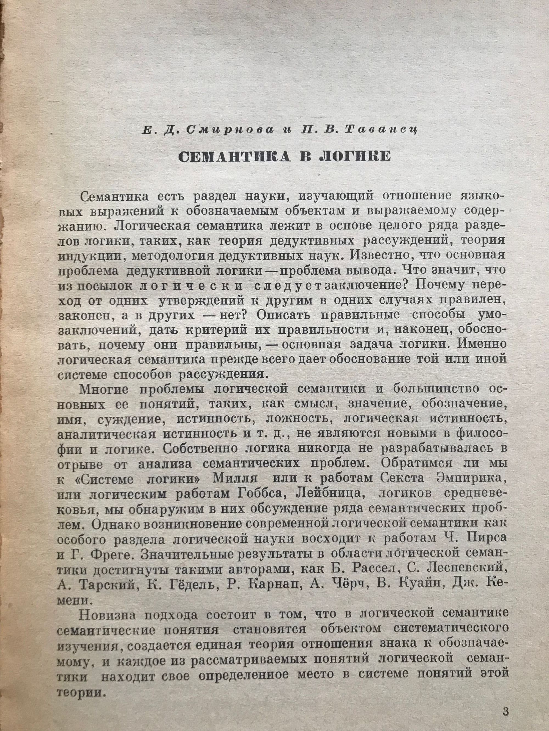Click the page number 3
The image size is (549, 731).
[505, 709]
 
